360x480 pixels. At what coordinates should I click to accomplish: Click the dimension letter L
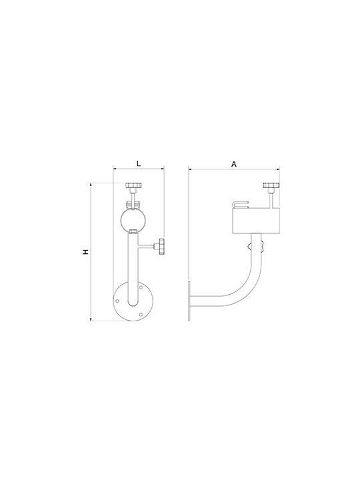coord(139,163)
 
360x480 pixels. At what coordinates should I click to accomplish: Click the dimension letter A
coord(234,165)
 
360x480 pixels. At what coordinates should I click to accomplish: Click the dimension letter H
coord(86,252)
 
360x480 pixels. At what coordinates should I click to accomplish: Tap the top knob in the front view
coord(133,185)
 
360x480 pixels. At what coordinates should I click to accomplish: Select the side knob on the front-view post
coord(161,247)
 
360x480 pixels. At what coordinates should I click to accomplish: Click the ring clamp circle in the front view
coord(133,220)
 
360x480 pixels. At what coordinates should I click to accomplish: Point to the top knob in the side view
coord(271,185)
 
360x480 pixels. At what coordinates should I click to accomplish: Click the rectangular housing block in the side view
coord(257,221)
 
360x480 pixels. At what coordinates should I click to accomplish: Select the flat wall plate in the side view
coord(189,301)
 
